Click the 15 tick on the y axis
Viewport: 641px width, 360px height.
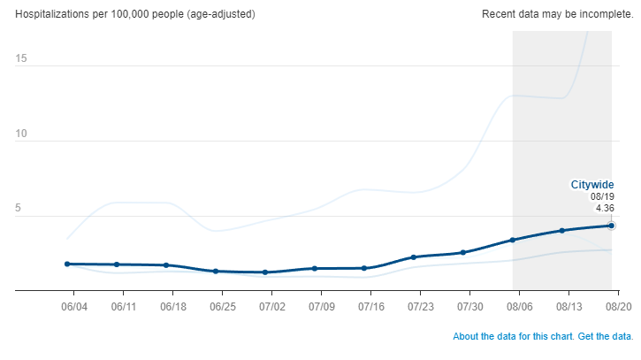(x=20, y=58)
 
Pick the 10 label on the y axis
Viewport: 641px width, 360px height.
(x=20, y=134)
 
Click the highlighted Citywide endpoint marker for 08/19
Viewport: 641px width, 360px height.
(x=611, y=226)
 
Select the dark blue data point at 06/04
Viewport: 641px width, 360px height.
(x=67, y=264)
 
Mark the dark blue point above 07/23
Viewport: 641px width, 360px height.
(x=413, y=257)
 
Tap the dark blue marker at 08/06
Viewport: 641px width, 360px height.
(x=512, y=240)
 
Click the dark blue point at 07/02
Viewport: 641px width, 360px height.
(x=265, y=272)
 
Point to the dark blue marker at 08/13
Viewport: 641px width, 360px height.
(x=561, y=230)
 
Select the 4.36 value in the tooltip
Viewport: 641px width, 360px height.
(x=605, y=208)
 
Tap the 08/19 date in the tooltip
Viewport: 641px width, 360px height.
(x=602, y=196)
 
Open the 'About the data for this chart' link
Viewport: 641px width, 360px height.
(x=517, y=337)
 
